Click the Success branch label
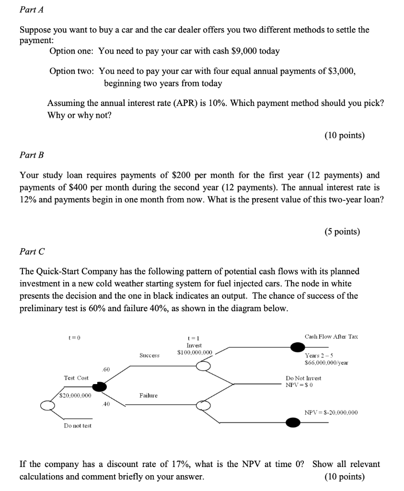coord(150,356)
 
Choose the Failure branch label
coord(149,396)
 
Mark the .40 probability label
coord(106,404)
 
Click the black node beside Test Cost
coord(100,386)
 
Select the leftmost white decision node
coord(47,406)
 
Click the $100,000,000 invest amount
coord(194,352)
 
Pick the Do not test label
coord(78,425)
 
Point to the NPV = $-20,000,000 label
coord(331,412)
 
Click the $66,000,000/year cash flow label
coord(326,362)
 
